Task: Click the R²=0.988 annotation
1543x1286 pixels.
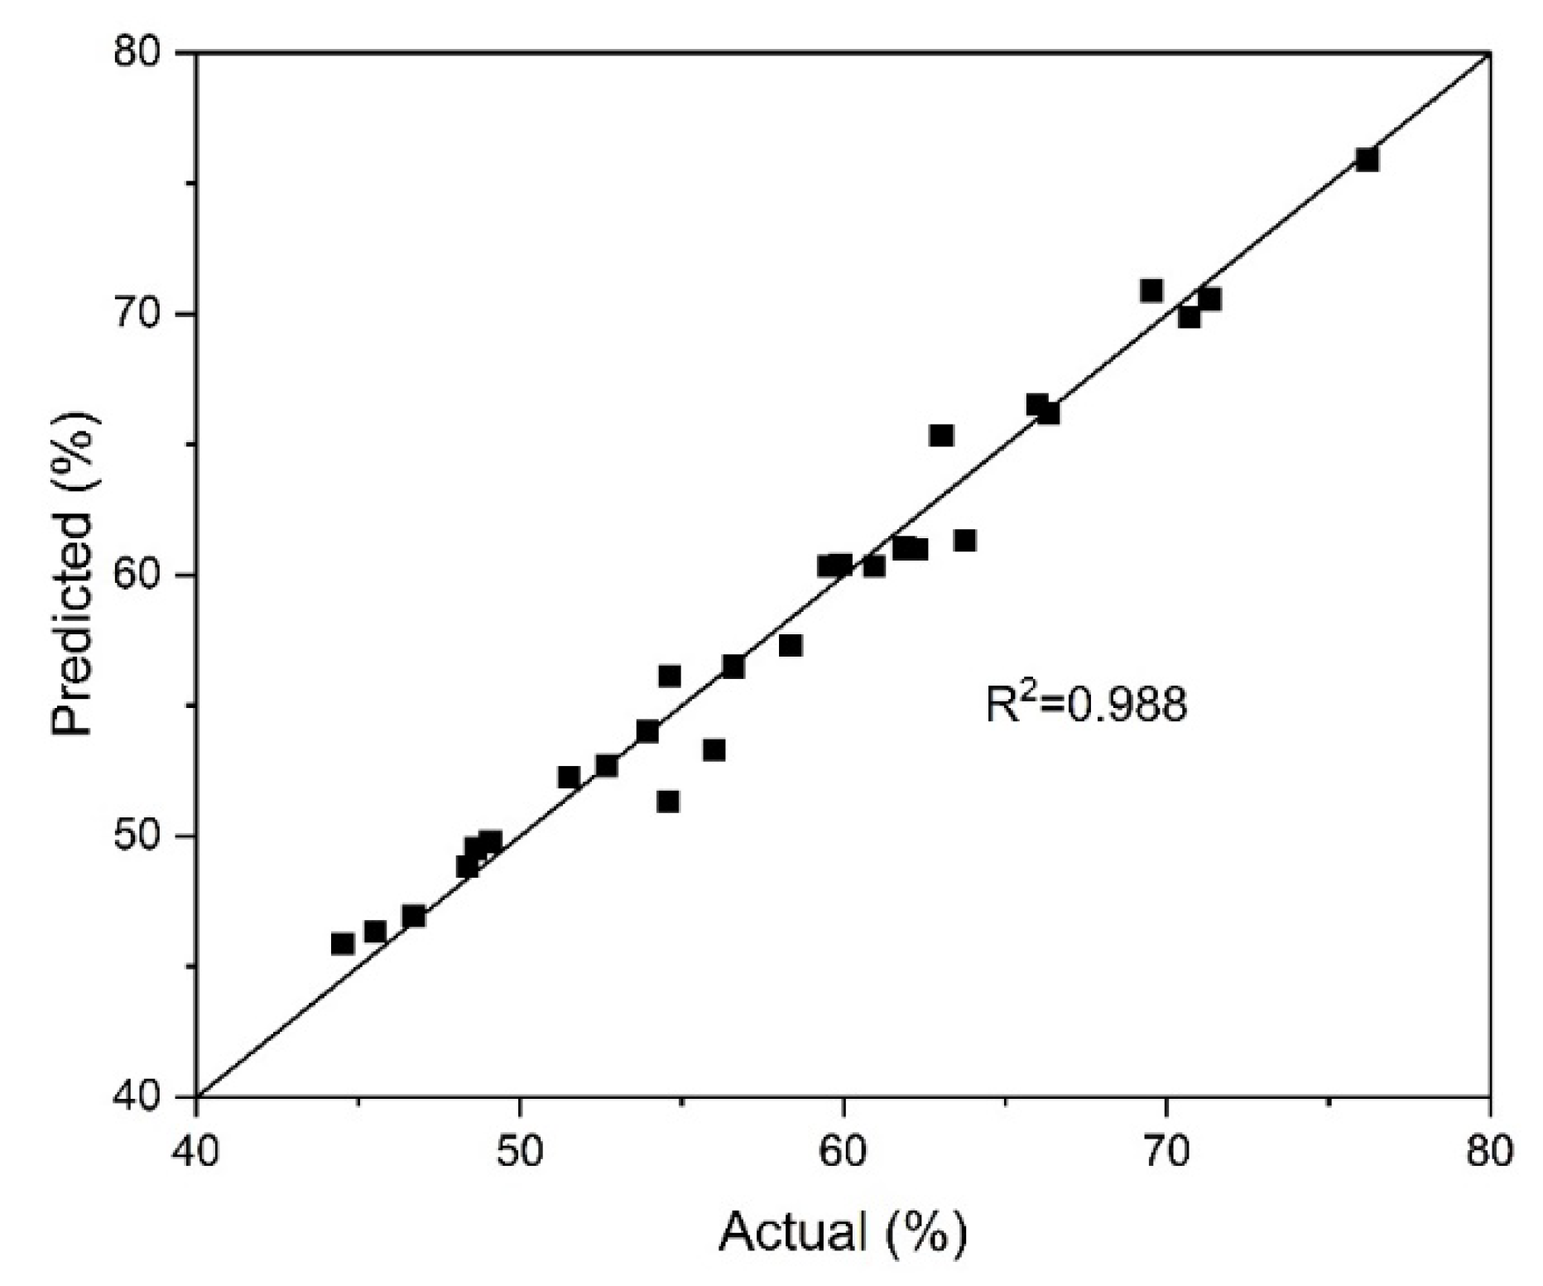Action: click(x=1085, y=704)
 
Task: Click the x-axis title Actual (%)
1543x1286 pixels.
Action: click(x=842, y=1231)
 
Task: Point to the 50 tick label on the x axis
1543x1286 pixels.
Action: click(x=519, y=1152)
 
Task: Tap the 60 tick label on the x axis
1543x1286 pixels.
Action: click(x=843, y=1152)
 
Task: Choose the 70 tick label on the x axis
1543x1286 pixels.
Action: click(x=1166, y=1152)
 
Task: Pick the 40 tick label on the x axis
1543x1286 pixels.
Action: click(x=196, y=1152)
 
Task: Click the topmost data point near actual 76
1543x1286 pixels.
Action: click(x=1367, y=160)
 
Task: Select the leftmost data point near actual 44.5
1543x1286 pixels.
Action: click(x=343, y=944)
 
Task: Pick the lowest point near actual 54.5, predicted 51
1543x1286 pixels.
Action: click(x=668, y=802)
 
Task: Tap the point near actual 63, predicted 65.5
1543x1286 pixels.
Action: click(x=941, y=436)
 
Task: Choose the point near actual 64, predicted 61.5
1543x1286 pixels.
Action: click(x=964, y=541)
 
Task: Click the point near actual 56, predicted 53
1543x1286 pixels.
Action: click(x=714, y=750)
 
